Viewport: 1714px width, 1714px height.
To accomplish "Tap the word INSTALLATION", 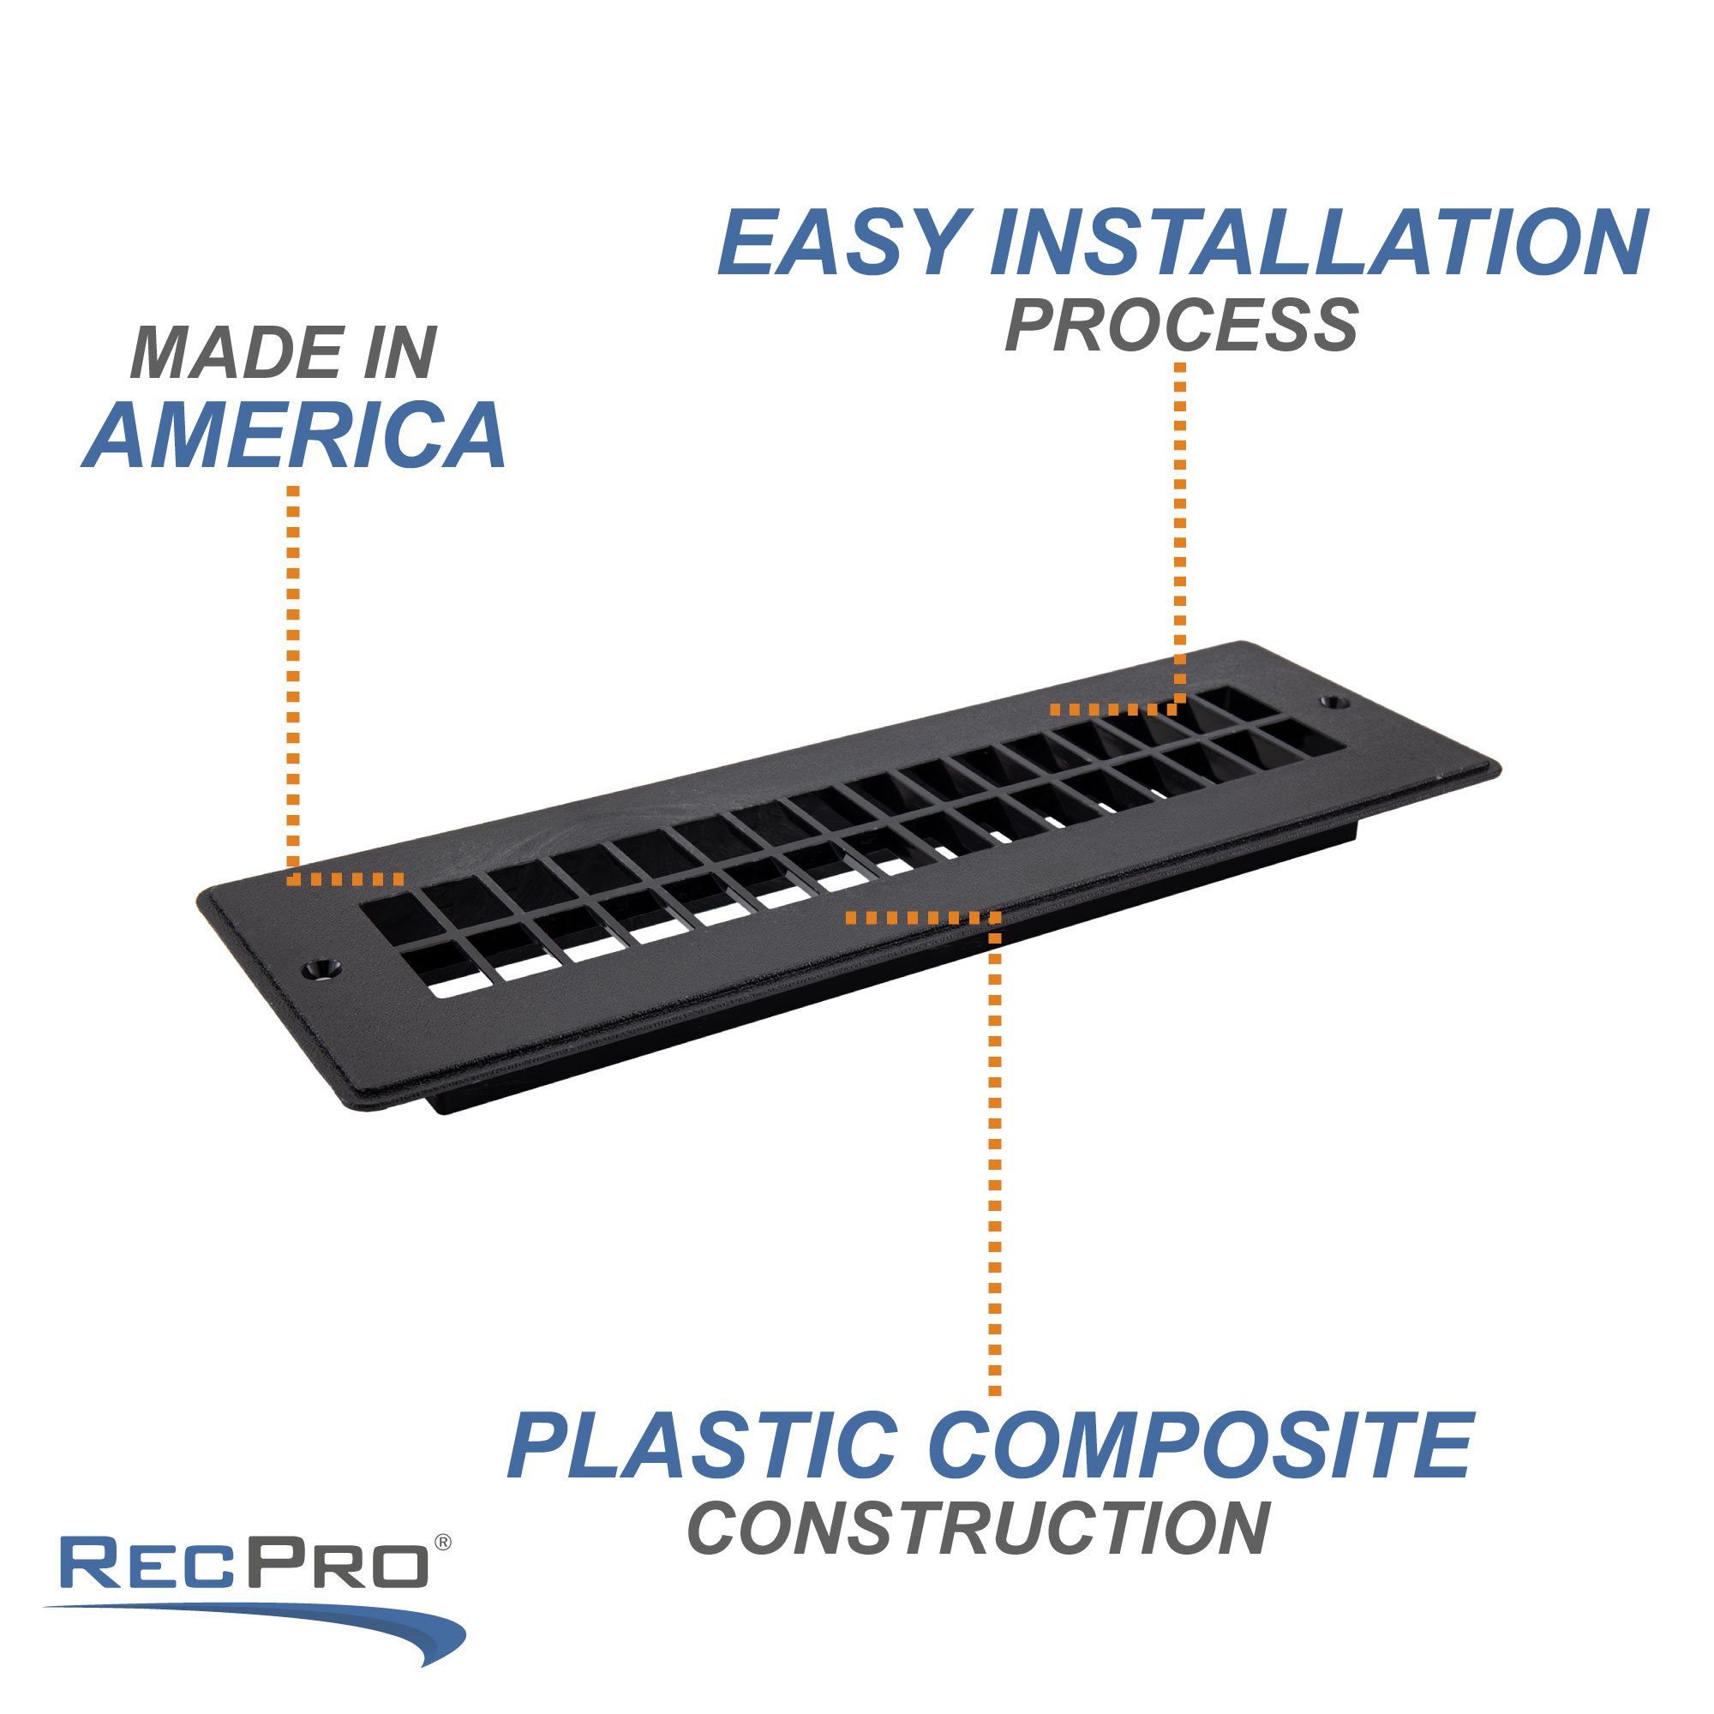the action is [x=1318, y=243].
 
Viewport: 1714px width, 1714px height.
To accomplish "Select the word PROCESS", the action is [x=1181, y=326].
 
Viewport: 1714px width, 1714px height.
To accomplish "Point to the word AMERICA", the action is [x=296, y=434].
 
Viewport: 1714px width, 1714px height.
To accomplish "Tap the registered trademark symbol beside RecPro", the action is [x=443, y=1543].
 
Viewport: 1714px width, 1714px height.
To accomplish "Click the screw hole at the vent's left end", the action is [x=321, y=968].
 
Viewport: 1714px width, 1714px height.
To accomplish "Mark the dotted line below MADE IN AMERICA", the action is [x=294, y=674].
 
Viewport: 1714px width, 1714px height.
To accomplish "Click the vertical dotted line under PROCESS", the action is [x=1180, y=532].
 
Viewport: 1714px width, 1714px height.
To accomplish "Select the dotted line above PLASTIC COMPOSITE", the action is [x=994, y=1154].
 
